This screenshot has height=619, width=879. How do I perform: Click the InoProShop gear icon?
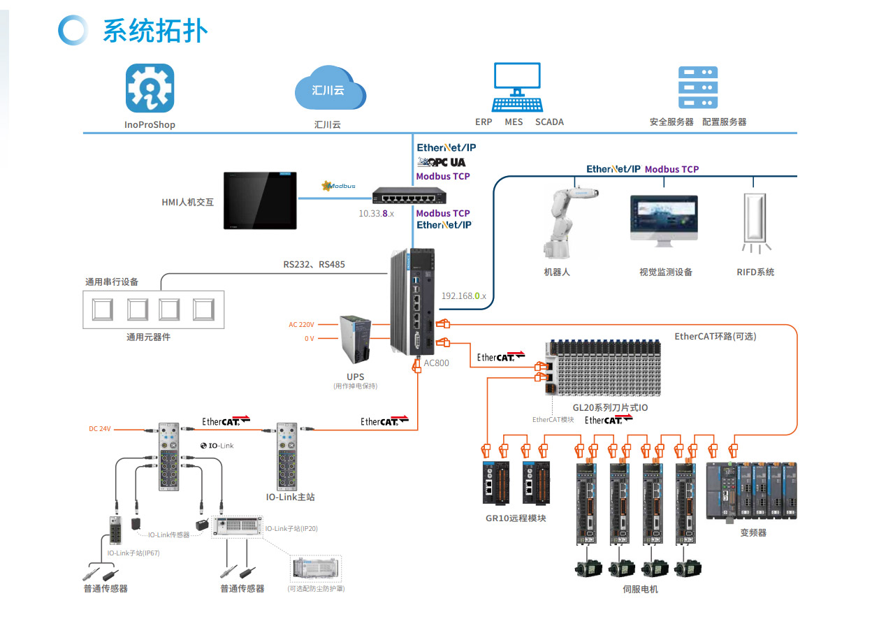tap(150, 88)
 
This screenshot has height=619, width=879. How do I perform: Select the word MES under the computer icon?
tap(514, 122)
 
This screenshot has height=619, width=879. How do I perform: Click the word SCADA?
tap(549, 122)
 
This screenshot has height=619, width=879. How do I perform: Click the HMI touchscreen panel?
tap(259, 201)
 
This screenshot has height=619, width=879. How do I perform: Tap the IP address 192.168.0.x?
tap(464, 296)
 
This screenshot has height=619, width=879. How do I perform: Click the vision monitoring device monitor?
tap(664, 218)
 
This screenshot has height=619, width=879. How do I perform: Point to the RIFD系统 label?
tap(755, 272)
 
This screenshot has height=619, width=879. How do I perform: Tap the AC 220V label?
tap(302, 325)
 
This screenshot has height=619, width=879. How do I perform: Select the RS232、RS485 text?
tap(314, 265)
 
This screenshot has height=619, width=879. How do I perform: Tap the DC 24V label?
tap(100, 429)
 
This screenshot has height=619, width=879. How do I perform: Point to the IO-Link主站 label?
tap(290, 497)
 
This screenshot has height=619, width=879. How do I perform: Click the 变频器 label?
tap(753, 532)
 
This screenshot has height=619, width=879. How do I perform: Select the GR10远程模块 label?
tap(516, 518)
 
